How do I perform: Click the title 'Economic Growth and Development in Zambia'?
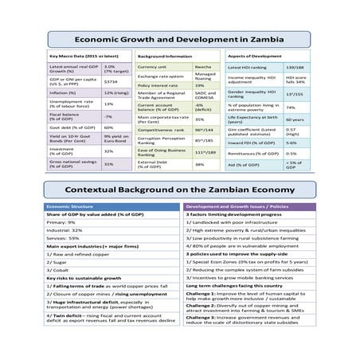[x=180, y=37]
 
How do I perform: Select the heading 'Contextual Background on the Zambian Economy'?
[x=180, y=190]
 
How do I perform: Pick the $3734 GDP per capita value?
[x=112, y=81]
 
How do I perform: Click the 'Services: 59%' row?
[x=64, y=237]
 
